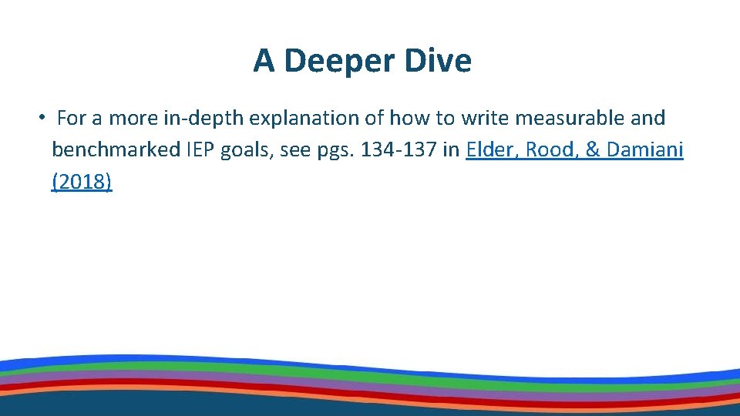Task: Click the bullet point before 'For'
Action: tap(43, 118)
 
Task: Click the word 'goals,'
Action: tap(245, 149)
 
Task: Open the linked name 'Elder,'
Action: tap(491, 149)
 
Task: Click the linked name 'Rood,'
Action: tap(550, 149)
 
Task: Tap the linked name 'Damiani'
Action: tap(645, 149)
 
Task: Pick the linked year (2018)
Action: tap(82, 182)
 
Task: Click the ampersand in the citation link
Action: tap(593, 149)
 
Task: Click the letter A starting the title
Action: tap(264, 61)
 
